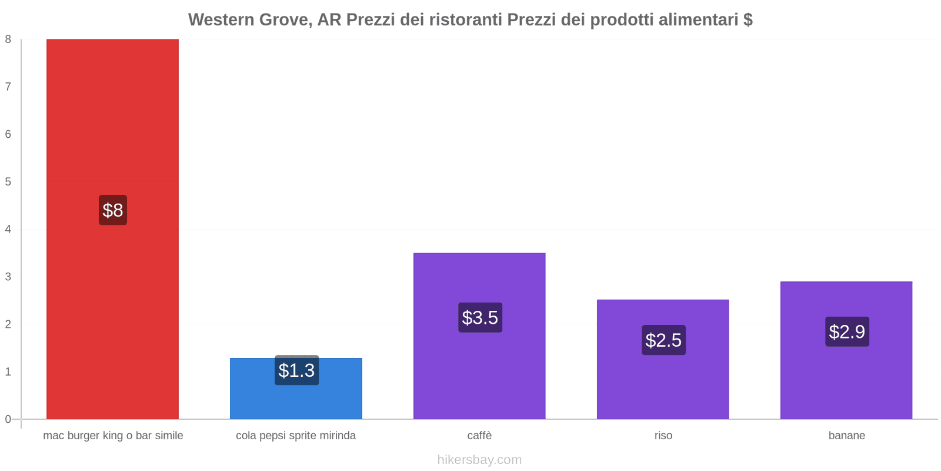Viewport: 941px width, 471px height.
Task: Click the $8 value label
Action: (112, 210)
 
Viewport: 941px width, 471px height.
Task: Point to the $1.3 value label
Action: (296, 370)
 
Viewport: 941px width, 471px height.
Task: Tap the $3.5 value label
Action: (480, 318)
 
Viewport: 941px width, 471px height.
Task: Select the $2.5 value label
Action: (663, 340)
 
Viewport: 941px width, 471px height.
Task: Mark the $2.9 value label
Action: (847, 332)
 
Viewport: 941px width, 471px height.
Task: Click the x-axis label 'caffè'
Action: (479, 436)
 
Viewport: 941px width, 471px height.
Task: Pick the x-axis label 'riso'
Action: (663, 436)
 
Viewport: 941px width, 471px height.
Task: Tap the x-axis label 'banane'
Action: (846, 436)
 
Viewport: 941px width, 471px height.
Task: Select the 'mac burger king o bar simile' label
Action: (113, 436)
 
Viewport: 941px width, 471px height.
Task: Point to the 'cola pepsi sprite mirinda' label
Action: (296, 436)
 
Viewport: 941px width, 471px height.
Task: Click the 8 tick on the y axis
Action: (8, 39)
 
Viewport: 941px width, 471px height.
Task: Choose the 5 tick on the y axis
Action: (8, 182)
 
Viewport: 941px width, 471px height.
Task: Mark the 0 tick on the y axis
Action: (8, 419)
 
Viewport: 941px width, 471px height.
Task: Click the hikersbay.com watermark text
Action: (479, 460)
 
